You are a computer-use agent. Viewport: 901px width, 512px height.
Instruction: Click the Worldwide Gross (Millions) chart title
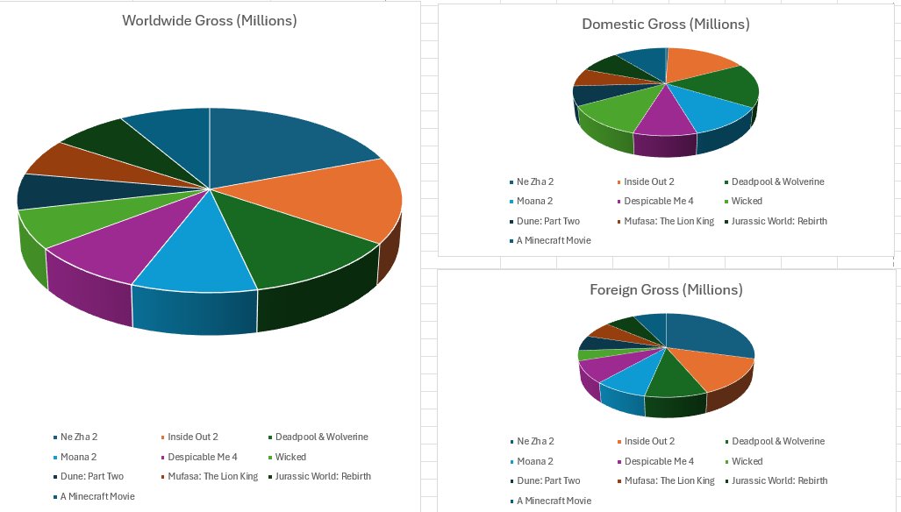click(x=209, y=20)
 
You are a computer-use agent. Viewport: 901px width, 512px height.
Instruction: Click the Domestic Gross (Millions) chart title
click(x=666, y=24)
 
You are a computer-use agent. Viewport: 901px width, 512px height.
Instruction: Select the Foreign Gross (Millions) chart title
click(x=666, y=289)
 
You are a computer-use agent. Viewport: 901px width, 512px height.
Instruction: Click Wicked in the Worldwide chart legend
click(x=290, y=457)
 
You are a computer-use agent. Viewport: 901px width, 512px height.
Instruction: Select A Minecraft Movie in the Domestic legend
click(x=554, y=240)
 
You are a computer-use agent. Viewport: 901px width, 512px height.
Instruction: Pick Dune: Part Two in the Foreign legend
click(x=548, y=480)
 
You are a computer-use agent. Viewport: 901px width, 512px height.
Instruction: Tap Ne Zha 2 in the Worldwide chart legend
click(x=79, y=437)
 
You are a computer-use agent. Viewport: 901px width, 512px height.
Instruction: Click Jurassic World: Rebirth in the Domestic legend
click(x=779, y=221)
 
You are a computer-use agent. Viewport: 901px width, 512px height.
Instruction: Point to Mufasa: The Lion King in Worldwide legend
click(x=213, y=476)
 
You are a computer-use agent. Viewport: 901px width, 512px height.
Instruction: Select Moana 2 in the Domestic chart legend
click(x=536, y=202)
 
